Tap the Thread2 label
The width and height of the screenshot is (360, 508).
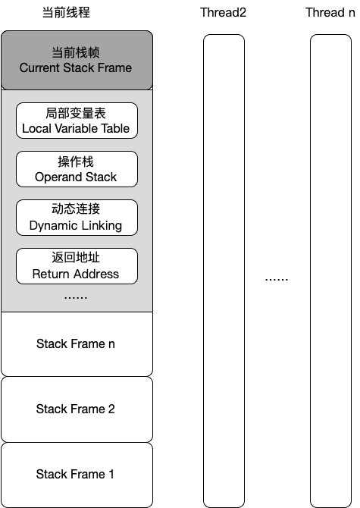pyautogui.click(x=224, y=13)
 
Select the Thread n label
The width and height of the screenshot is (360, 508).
pyautogui.click(x=330, y=13)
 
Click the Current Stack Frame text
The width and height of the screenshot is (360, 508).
pyautogui.click(x=76, y=68)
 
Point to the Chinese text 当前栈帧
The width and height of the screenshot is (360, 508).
pyautogui.click(x=76, y=53)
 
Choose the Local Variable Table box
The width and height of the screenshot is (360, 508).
pyautogui.click(x=77, y=121)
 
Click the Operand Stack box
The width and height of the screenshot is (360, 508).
pyautogui.click(x=77, y=169)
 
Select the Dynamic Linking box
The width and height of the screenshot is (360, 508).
pyautogui.click(x=77, y=218)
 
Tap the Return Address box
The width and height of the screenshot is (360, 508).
pyautogui.click(x=77, y=266)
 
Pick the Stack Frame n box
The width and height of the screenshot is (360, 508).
pyautogui.click(x=77, y=344)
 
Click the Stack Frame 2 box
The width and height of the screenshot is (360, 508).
pyautogui.click(x=77, y=409)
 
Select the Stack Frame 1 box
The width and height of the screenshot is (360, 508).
pyautogui.click(x=77, y=475)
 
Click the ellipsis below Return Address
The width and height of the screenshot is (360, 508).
pyautogui.click(x=76, y=296)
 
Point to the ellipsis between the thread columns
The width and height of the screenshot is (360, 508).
pyautogui.click(x=277, y=278)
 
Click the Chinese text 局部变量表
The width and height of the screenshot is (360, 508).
pyautogui.click(x=76, y=113)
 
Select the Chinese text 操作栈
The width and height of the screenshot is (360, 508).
pyautogui.click(x=76, y=161)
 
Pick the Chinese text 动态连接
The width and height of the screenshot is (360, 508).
pyautogui.click(x=76, y=210)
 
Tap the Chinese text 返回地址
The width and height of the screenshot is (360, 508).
pyautogui.click(x=76, y=259)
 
